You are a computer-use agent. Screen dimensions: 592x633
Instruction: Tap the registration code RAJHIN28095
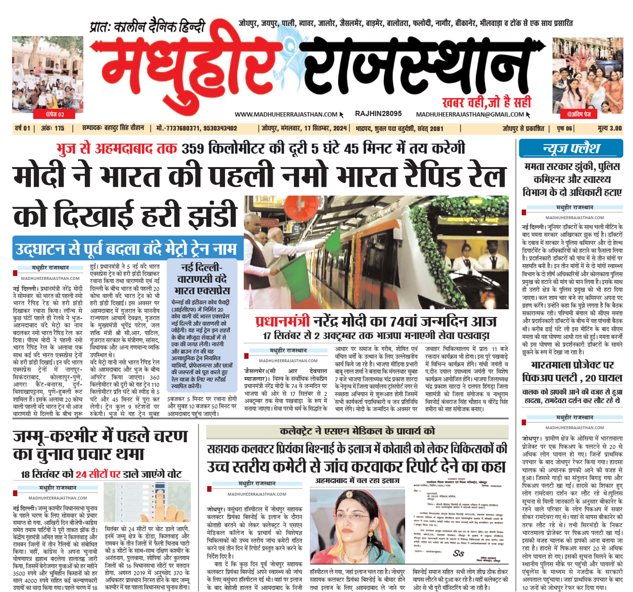coord(378,114)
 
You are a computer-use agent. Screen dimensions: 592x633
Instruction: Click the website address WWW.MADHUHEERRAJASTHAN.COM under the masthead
coord(286,114)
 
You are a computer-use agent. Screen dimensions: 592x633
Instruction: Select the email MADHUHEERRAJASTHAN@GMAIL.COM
coord(470,114)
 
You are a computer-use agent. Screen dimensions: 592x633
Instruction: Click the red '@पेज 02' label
coord(54,114)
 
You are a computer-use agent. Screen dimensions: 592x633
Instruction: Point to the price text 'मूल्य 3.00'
coord(609,129)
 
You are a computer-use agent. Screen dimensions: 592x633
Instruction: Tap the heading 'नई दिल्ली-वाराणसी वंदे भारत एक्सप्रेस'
coord(202,279)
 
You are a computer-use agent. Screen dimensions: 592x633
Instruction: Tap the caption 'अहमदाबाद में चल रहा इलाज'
coord(357,481)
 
